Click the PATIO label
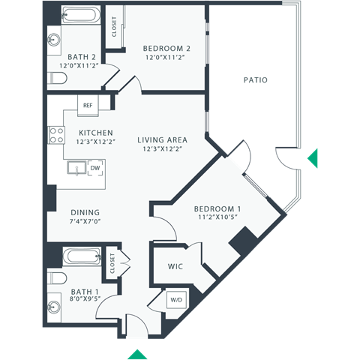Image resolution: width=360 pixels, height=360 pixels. [x=256, y=79]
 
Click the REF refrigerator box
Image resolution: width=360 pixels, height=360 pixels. [x=88, y=105]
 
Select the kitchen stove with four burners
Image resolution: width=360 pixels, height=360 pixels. [x=56, y=135]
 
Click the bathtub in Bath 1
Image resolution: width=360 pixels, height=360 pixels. [x=79, y=256]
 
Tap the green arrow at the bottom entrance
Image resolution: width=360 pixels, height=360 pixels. [x=137, y=353]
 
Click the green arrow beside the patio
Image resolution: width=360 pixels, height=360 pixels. [x=313, y=157]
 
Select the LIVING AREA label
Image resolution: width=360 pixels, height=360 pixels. [x=162, y=139]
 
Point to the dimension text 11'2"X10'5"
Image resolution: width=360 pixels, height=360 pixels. [x=217, y=218]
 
